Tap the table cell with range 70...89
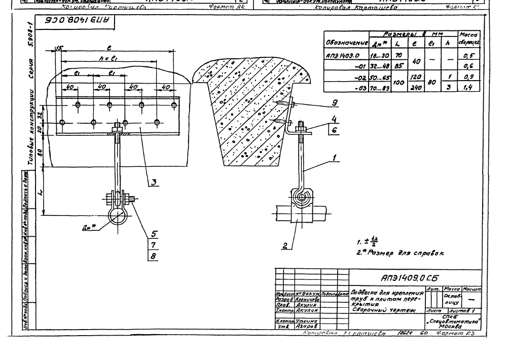click(374, 88)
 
